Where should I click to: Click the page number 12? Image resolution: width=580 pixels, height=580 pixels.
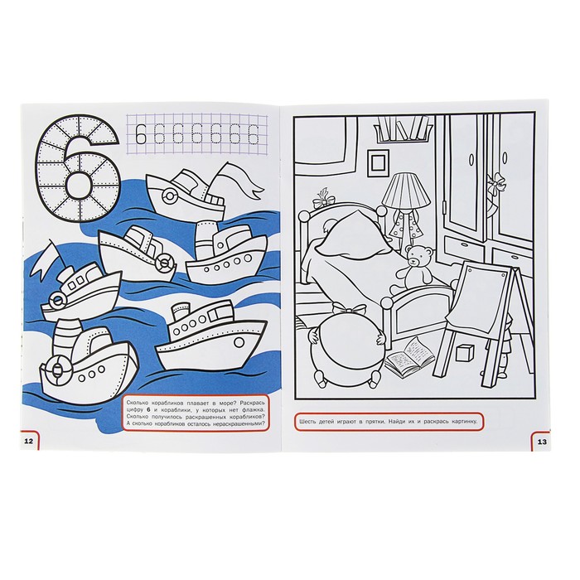click(x=28, y=441)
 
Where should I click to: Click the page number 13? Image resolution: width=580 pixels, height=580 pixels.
click(x=542, y=442)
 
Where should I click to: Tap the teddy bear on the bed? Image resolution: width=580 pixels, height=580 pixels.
click(x=415, y=266)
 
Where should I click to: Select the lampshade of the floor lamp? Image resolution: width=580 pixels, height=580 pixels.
click(x=406, y=190)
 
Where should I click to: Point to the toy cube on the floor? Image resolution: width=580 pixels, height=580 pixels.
click(x=466, y=353)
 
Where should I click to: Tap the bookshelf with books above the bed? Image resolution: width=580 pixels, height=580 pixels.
click(x=404, y=128)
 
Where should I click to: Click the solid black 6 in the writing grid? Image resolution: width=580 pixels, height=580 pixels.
click(x=141, y=134)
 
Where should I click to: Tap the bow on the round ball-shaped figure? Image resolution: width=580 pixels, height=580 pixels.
click(x=349, y=308)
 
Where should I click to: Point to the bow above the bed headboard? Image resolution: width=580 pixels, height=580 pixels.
click(x=325, y=199)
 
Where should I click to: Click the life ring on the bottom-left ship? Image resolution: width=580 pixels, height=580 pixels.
click(x=56, y=369)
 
